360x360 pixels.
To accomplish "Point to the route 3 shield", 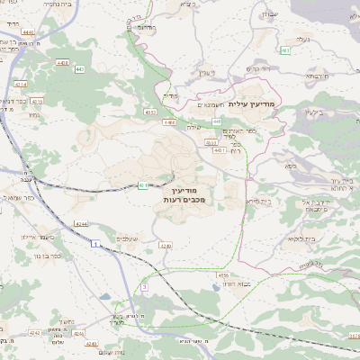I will (x=142, y=286).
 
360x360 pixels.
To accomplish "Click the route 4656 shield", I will (x=222, y=275).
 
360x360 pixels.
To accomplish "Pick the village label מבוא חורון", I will (x=234, y=283).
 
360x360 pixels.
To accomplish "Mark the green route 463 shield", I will (x=285, y=50).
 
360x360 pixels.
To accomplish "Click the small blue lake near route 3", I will (x=107, y=296).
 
